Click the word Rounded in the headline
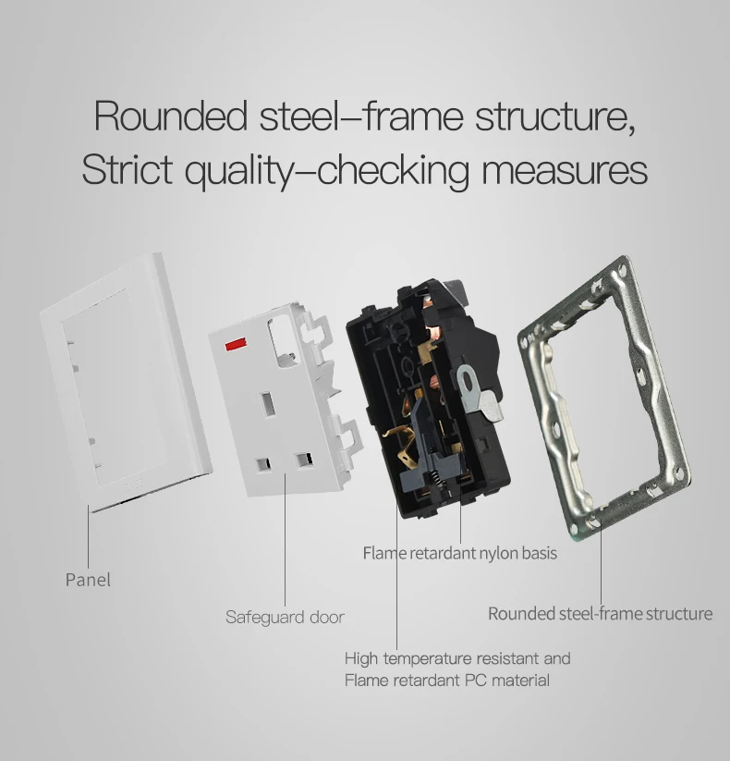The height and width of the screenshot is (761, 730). pyautogui.click(x=169, y=117)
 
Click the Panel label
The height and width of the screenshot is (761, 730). pyautogui.click(x=88, y=580)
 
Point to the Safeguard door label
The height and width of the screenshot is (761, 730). pyautogui.click(x=285, y=617)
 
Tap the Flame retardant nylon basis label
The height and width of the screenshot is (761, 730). pyautogui.click(x=459, y=554)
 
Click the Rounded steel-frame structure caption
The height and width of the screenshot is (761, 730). pyautogui.click(x=600, y=613)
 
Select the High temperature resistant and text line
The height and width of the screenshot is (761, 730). pyautogui.click(x=457, y=658)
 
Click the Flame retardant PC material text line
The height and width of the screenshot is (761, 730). pyautogui.click(x=446, y=681)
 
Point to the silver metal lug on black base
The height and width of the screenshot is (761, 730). pyautogui.click(x=474, y=380)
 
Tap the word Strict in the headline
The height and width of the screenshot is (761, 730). pyautogui.click(x=127, y=170)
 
